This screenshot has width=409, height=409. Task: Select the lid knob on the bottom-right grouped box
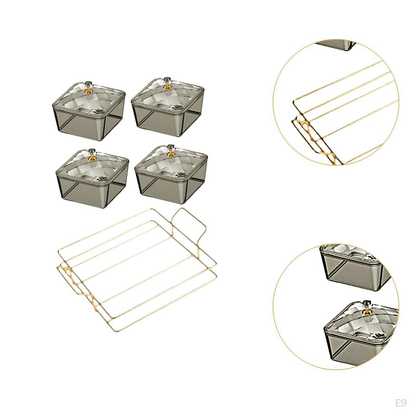(172, 154)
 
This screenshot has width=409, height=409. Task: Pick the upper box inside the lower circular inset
(353, 266)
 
